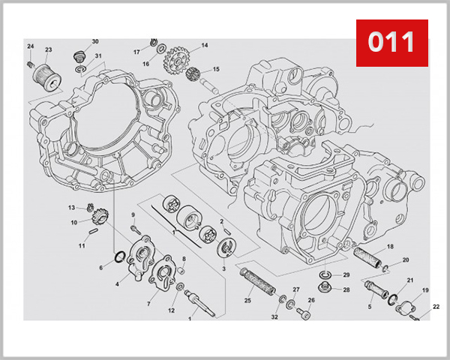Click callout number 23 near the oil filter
[48, 50]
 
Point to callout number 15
[216, 70]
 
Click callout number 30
[95, 41]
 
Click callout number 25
[247, 301]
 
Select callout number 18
[390, 247]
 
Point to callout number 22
[436, 306]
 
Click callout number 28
[346, 289]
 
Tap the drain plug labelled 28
[327, 288]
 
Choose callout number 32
[274, 317]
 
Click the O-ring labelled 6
[118, 258]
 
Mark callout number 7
[148, 303]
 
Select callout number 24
[31, 46]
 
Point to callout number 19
[424, 290]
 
